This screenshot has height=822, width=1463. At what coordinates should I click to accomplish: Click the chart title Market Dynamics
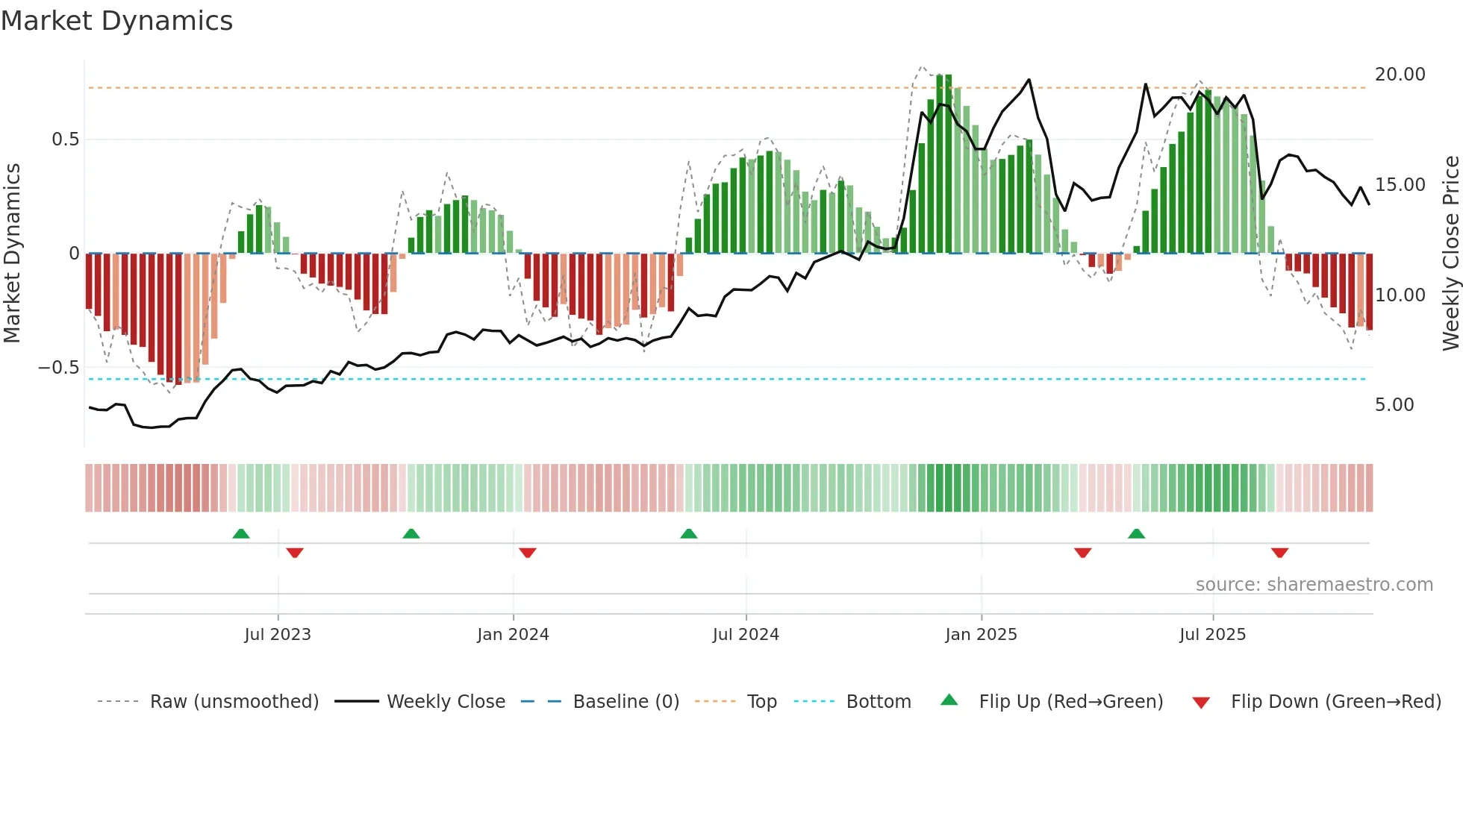click(117, 21)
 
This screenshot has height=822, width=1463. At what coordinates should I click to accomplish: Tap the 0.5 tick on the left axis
click(65, 139)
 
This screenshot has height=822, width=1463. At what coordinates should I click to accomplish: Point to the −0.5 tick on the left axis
click(58, 368)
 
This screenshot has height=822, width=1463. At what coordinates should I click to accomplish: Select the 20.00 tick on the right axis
click(1400, 75)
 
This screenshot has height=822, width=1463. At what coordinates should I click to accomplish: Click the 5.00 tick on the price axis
click(1394, 405)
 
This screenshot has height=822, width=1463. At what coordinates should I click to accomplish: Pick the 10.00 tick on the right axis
click(1400, 295)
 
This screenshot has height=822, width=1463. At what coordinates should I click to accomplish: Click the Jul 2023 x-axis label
click(278, 635)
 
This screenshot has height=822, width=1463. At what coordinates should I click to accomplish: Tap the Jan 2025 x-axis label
click(981, 635)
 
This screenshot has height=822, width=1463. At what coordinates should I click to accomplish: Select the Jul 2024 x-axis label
click(746, 635)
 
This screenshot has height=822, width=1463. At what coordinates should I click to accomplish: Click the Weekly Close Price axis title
click(1450, 254)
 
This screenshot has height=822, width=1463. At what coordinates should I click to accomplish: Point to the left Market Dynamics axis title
click(13, 254)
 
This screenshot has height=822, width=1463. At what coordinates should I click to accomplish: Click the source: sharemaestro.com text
click(1314, 585)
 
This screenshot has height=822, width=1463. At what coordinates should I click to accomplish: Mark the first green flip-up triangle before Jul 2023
click(241, 534)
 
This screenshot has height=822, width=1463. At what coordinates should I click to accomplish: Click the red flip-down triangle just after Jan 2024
click(528, 553)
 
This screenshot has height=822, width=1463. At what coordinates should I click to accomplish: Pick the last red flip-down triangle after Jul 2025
click(1279, 553)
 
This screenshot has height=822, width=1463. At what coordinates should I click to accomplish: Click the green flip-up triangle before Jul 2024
click(689, 534)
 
